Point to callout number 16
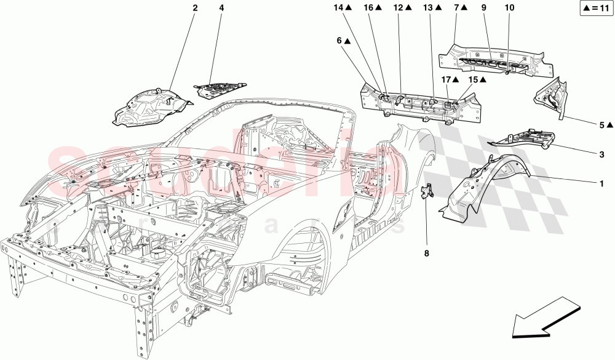click(368, 8)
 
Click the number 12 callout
click(399, 8)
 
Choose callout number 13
click(428, 8)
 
